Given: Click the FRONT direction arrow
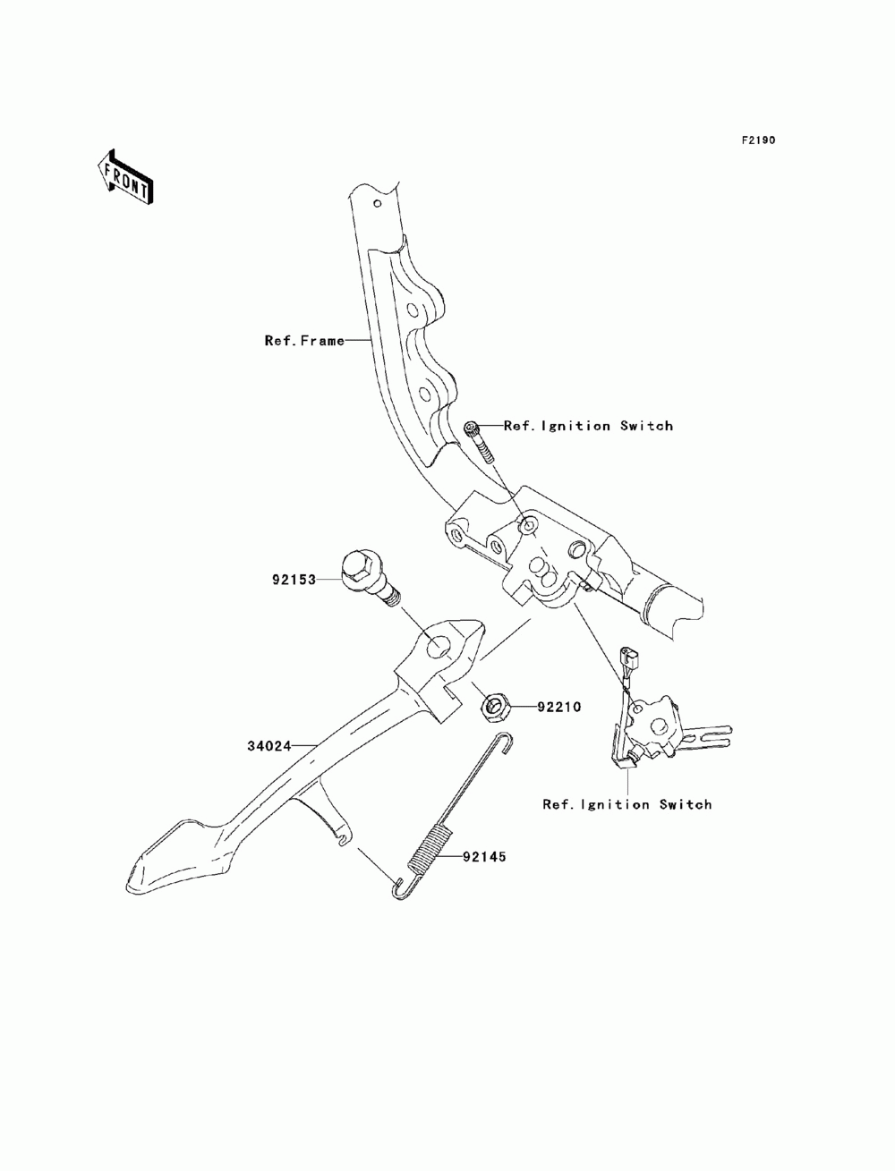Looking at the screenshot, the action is [x=125, y=176].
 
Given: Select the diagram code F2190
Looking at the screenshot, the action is [x=758, y=140].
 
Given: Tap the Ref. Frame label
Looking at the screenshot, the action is [x=304, y=340].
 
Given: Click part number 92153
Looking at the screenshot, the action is [x=294, y=580].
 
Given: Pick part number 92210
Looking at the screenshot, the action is [x=558, y=707].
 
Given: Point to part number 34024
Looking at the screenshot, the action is [x=269, y=746].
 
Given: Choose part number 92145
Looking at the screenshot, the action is [x=484, y=857].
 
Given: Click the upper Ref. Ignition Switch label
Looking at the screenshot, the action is [x=588, y=426].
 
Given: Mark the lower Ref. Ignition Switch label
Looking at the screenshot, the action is [x=627, y=819].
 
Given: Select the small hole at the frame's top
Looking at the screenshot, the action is [x=377, y=204].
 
